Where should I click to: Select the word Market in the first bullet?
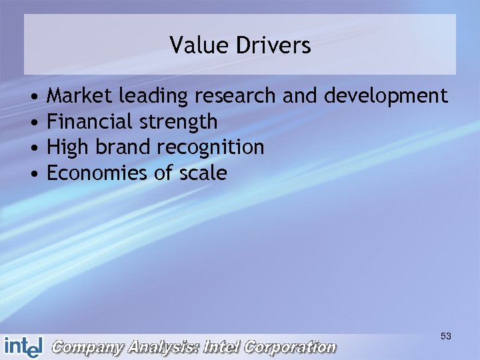point(80,96)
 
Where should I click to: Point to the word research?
point(235,96)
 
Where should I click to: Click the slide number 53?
point(446,337)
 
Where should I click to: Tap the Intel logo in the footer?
point(23,347)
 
